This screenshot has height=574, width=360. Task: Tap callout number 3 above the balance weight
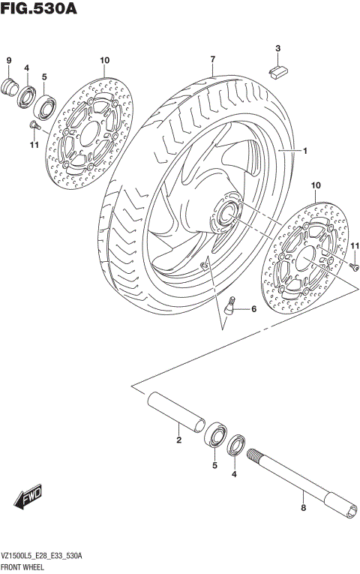click(277, 50)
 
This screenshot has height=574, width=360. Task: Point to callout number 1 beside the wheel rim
click(306, 150)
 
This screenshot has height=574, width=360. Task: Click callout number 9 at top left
click(10, 60)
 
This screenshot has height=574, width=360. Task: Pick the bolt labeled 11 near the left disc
click(34, 125)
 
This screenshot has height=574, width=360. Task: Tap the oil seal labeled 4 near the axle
click(235, 446)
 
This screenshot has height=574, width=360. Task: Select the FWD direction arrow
click(28, 497)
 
